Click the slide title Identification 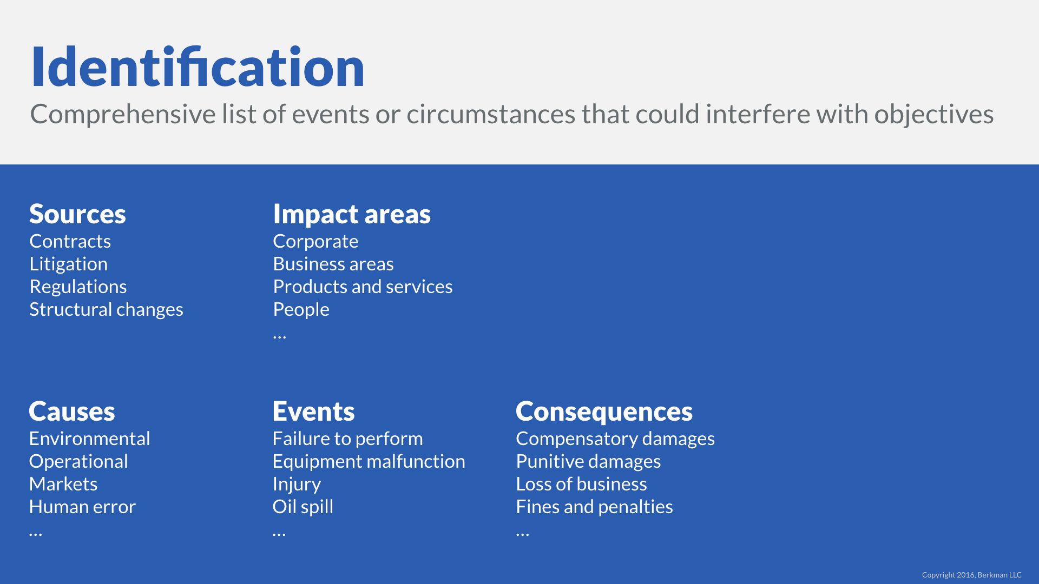198,67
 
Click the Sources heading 77,214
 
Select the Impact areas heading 352,214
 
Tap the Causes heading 72,412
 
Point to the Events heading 314,412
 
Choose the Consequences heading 604,412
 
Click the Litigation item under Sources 69,264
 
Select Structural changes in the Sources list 106,310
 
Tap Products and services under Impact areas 363,287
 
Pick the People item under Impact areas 301,310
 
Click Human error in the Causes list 82,507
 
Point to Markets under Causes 63,484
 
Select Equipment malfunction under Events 369,462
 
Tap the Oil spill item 303,507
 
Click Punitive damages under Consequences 588,461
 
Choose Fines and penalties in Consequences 594,507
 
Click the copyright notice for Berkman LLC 972,575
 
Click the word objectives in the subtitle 934,115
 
